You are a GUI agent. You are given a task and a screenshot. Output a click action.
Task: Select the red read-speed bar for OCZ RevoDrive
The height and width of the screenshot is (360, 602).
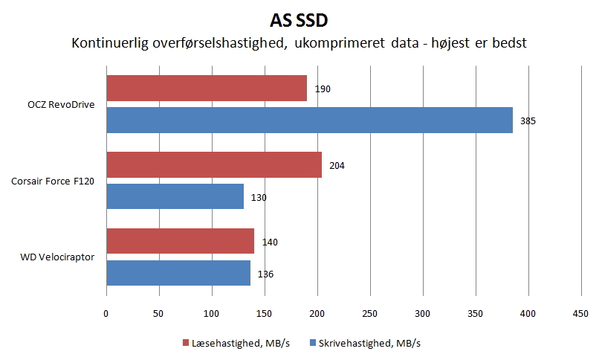tap(207, 89)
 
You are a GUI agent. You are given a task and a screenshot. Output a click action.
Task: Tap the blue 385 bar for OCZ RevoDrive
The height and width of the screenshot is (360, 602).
tap(309, 120)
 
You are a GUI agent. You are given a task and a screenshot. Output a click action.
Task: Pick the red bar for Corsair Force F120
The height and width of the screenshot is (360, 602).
tap(214, 165)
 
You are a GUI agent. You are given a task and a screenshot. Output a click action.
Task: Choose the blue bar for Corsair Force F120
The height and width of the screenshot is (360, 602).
tap(175, 196)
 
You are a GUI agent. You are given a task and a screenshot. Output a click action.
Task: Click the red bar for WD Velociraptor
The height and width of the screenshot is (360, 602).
tap(180, 242)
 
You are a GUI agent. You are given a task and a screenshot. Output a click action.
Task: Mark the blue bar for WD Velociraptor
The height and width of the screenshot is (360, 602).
tap(178, 273)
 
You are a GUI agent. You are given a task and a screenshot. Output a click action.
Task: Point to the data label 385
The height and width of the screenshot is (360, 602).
tap(528, 120)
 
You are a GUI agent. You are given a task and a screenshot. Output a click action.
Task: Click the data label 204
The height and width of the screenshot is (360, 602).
tap(337, 166)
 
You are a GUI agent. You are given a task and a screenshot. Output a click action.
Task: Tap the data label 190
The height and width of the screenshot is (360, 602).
tap(322, 89)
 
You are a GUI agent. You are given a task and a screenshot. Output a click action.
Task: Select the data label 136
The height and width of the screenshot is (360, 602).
tap(265, 274)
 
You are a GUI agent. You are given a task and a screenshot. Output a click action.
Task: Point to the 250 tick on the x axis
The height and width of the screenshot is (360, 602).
tap(370, 315)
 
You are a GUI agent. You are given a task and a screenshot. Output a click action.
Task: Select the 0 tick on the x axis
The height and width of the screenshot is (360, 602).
tap(106, 315)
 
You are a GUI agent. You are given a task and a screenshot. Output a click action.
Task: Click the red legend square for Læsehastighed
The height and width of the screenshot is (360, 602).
tap(186, 343)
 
